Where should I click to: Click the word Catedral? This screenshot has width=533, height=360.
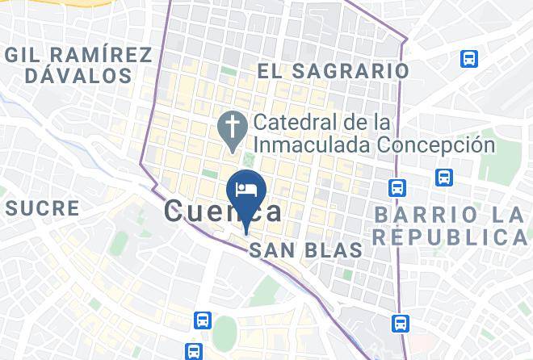[x=294, y=123]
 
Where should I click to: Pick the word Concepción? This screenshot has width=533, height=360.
[x=443, y=145]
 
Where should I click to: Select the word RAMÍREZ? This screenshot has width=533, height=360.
[x=99, y=55]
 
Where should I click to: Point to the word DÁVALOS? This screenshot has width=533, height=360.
[x=78, y=76]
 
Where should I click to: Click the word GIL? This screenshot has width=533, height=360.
[x=24, y=55]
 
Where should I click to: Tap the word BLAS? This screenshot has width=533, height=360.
[x=332, y=251]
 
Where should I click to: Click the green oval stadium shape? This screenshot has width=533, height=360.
[x=225, y=333]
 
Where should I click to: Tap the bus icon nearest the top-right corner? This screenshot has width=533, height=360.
[x=468, y=59]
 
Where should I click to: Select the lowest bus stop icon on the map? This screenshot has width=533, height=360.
[x=193, y=351]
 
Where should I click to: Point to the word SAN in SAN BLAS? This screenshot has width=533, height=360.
[x=271, y=251]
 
